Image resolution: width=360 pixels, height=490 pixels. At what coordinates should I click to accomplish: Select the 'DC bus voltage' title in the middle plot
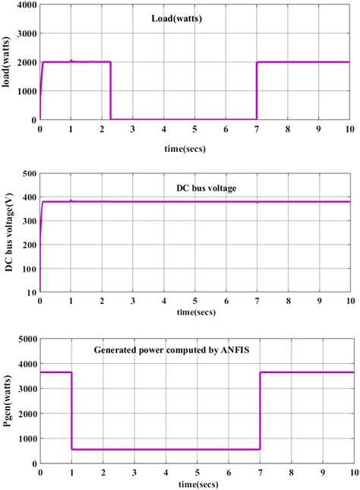[x=195, y=185]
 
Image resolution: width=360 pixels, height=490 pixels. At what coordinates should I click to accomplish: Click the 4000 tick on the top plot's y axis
[x=26, y=5]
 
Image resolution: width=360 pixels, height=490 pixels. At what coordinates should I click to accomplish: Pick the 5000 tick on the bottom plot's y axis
[x=26, y=338]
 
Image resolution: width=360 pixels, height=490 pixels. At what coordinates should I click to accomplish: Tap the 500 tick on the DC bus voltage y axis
[x=29, y=173]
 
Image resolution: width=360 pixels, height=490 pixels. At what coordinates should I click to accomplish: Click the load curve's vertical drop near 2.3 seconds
[x=111, y=91]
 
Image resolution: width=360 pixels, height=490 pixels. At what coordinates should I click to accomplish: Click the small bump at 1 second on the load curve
[x=71, y=61]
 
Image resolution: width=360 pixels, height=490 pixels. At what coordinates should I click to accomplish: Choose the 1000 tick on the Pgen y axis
[x=26, y=438]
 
